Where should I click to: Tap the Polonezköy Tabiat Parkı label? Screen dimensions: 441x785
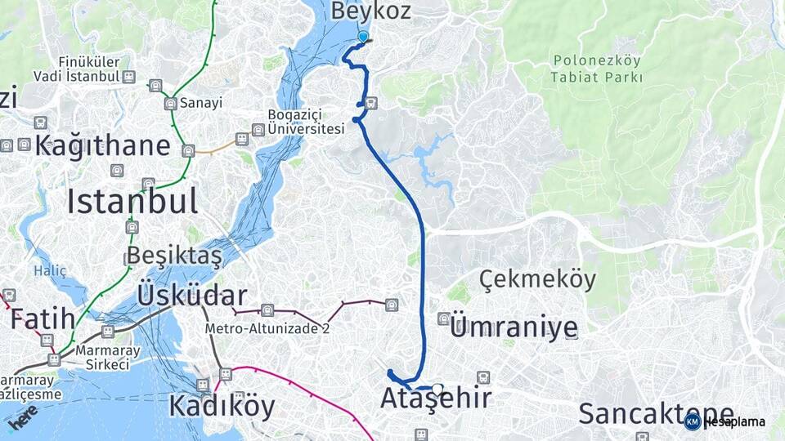click(x=597, y=69)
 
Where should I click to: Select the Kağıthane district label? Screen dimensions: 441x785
click(x=102, y=146)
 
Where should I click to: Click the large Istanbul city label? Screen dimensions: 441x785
click(x=132, y=200)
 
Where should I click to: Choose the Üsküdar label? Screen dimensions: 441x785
click(x=192, y=295)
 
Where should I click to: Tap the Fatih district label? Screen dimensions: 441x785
click(x=43, y=318)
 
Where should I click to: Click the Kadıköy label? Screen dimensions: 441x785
click(x=222, y=406)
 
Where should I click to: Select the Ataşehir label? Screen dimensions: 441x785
click(x=436, y=399)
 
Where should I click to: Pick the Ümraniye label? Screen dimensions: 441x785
click(x=514, y=327)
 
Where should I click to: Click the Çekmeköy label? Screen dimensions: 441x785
click(x=537, y=279)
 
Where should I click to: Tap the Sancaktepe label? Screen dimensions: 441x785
click(x=656, y=414)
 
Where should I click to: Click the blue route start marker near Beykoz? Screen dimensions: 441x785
click(x=363, y=37)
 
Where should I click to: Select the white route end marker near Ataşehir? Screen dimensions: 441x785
click(x=438, y=390)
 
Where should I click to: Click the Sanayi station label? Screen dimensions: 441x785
click(x=201, y=104)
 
